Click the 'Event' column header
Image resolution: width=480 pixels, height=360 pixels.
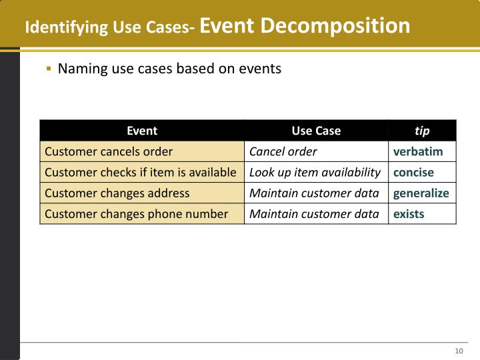tap(142, 131)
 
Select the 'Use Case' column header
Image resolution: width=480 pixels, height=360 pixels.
tap(316, 131)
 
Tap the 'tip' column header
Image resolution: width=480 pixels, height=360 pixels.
tap(422, 131)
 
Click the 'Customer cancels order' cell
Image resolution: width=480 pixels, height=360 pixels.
tap(109, 151)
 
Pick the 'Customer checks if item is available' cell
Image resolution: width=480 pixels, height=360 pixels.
tap(140, 173)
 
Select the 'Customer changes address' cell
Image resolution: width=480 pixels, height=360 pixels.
tap(117, 193)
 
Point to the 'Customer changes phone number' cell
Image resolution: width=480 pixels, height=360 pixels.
tap(136, 214)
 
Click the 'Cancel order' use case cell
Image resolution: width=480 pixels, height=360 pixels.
tap(283, 151)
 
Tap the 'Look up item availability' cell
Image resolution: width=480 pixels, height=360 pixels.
tap(315, 173)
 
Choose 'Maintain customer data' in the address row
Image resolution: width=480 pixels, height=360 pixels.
tap(314, 193)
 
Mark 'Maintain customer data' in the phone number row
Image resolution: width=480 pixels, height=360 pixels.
tap(314, 214)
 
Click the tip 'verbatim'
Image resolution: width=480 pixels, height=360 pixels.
tap(418, 151)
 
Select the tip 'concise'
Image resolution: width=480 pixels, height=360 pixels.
tap(413, 173)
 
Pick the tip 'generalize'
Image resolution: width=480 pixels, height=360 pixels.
tap(421, 193)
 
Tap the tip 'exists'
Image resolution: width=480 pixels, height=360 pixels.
tap(409, 214)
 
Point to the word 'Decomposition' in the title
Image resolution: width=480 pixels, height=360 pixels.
tap(335, 26)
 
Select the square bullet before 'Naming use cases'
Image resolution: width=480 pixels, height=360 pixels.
tap(49, 69)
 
